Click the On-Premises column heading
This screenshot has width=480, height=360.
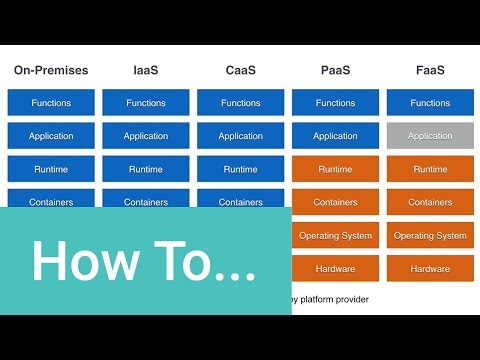(51, 71)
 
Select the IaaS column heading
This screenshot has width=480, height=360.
(146, 71)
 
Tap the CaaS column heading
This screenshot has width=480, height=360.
(241, 71)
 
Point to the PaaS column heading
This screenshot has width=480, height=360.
(336, 71)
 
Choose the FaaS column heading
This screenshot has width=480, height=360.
(430, 71)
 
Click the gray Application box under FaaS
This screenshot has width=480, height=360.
(430, 136)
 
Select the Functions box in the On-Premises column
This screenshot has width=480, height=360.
(51, 103)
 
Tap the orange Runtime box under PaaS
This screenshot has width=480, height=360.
(336, 169)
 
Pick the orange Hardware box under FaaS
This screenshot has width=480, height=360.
(430, 268)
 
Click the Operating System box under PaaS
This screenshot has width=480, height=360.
(336, 235)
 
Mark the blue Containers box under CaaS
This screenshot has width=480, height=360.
(241, 201)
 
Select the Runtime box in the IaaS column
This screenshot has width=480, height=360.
(146, 169)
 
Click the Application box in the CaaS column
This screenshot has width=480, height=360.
(241, 136)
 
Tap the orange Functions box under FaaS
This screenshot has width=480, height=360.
(430, 103)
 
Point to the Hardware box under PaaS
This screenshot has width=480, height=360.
(336, 268)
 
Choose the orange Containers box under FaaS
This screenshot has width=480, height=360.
(430, 202)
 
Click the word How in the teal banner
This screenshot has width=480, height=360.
(87, 262)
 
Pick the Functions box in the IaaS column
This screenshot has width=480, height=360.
(146, 103)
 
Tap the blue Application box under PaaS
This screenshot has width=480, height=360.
(336, 136)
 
